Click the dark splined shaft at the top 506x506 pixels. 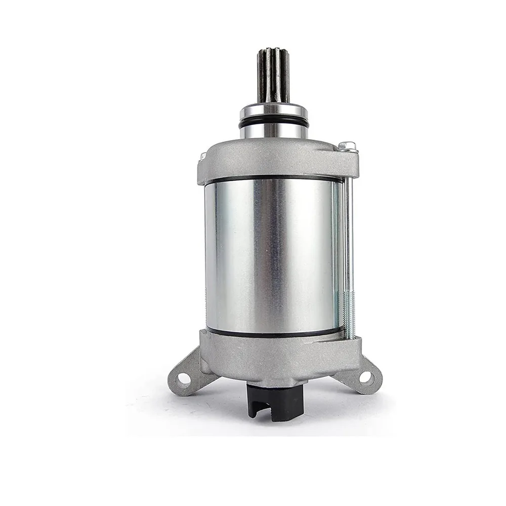[x=273, y=76]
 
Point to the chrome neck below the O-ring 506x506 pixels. [x=273, y=132]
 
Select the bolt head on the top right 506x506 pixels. [x=348, y=147]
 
